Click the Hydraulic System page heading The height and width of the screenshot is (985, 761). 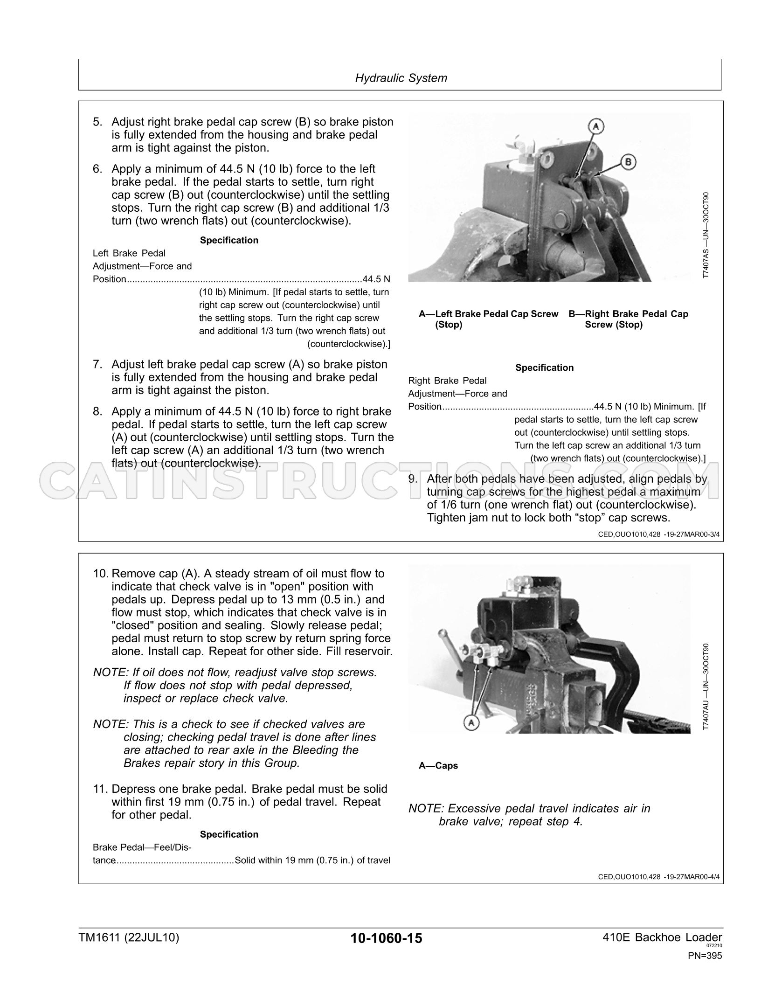[x=401, y=78]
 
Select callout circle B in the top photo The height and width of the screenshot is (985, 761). [x=628, y=162]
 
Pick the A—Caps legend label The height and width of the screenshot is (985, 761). [x=438, y=765]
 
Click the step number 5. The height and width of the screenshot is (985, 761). [x=97, y=122]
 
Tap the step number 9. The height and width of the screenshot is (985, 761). [x=413, y=479]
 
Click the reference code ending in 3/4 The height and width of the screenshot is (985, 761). [x=659, y=535]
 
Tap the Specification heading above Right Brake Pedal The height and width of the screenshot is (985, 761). [x=544, y=368]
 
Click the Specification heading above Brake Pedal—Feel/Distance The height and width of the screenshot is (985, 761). [x=229, y=834]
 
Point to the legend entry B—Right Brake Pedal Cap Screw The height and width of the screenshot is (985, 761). [x=628, y=319]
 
